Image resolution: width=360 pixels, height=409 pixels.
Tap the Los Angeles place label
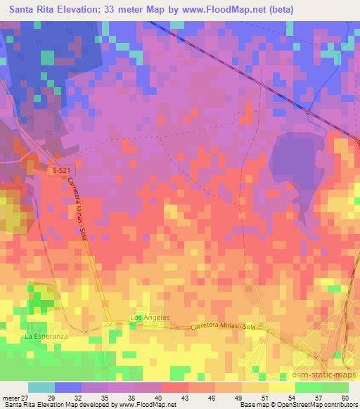point(150,318)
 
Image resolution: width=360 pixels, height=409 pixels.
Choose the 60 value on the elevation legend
point(345,397)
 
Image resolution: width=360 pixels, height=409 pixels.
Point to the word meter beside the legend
point(10,397)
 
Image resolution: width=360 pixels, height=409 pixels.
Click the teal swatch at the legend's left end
point(41,387)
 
